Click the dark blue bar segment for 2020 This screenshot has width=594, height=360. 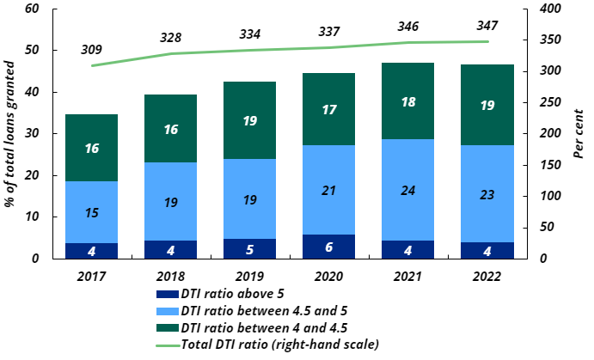(x=328, y=247)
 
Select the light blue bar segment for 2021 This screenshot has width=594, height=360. (x=407, y=190)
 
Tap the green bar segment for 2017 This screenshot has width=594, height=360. (x=91, y=148)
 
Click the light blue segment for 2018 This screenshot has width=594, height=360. (x=170, y=202)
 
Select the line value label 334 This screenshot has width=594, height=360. (x=249, y=34)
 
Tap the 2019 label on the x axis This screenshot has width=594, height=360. (x=249, y=277)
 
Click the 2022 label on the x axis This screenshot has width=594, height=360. (x=487, y=277)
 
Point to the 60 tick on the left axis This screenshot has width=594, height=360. (x=33, y=9)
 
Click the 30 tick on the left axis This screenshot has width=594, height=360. (x=33, y=134)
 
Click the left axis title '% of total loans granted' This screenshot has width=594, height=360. (x=11, y=133)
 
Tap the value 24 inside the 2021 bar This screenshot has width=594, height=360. (x=407, y=190)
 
